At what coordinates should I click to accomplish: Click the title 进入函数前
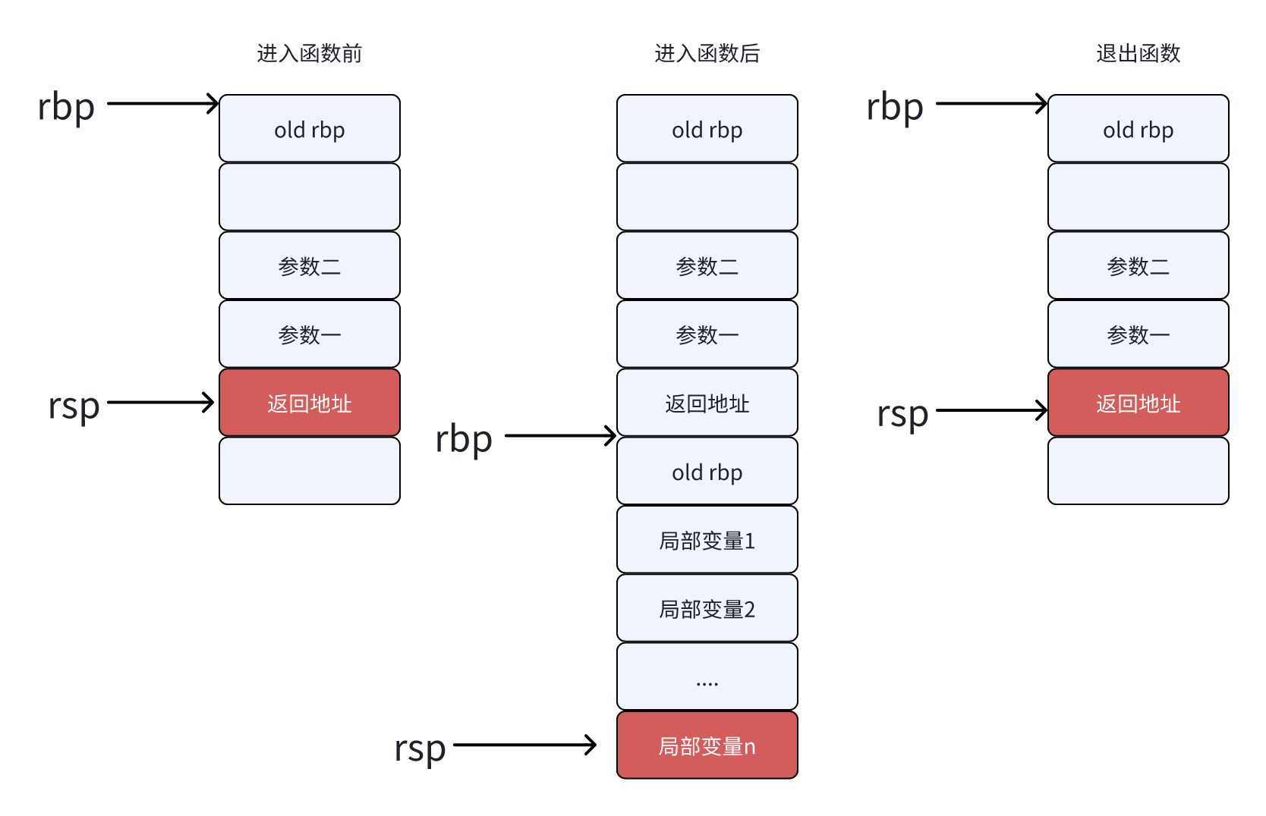(x=309, y=53)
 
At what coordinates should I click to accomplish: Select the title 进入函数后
(x=707, y=53)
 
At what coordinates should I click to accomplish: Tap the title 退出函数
(x=1138, y=53)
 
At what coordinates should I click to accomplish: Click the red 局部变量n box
(x=707, y=745)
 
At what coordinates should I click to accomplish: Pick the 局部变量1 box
(x=707, y=540)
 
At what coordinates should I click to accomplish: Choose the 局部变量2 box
(x=707, y=608)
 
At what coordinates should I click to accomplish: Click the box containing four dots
(x=707, y=676)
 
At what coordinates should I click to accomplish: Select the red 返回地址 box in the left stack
(x=309, y=403)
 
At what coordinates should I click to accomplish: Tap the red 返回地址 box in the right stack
(x=1138, y=403)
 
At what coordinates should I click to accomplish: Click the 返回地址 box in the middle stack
(x=707, y=403)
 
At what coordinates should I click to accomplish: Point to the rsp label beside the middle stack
(x=420, y=749)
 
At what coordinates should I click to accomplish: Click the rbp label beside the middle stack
(x=464, y=439)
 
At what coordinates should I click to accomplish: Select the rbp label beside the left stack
(x=66, y=107)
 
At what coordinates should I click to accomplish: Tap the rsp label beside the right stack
(x=902, y=414)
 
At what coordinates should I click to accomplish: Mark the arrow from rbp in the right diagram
(x=990, y=103)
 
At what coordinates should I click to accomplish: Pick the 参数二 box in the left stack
(x=309, y=265)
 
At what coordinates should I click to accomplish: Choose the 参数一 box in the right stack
(x=1138, y=334)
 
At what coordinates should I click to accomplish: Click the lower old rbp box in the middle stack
(x=707, y=472)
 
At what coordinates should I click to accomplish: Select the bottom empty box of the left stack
(x=309, y=471)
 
